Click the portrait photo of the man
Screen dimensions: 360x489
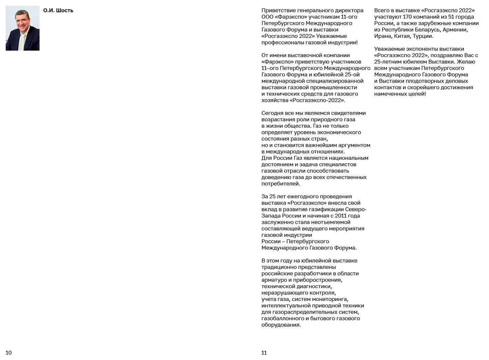click(x=22, y=28)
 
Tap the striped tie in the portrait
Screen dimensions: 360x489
click(x=22, y=41)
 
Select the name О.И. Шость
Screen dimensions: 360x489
click(x=58, y=11)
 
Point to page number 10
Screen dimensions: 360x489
click(x=8, y=353)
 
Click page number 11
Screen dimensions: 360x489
click(x=264, y=353)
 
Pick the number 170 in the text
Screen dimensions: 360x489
click(x=407, y=17)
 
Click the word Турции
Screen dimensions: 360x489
click(x=422, y=36)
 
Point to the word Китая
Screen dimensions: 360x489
click(x=402, y=36)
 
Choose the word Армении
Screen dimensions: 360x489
click(x=455, y=30)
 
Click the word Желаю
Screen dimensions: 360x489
click(x=466, y=62)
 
